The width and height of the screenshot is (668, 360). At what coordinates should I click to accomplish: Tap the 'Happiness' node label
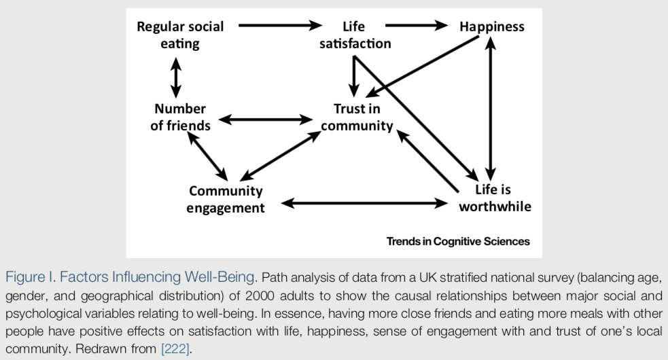(x=492, y=27)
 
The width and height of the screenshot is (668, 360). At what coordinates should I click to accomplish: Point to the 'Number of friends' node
(x=180, y=117)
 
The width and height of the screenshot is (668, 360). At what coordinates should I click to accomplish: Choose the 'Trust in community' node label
(x=357, y=117)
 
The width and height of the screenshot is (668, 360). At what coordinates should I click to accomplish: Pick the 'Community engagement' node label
(x=226, y=200)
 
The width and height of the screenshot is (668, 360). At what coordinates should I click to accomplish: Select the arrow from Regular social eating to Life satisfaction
(x=280, y=26)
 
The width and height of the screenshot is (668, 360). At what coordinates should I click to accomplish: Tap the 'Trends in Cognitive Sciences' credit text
(x=458, y=241)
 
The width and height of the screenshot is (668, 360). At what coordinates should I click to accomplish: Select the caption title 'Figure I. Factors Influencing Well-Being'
(x=130, y=277)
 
